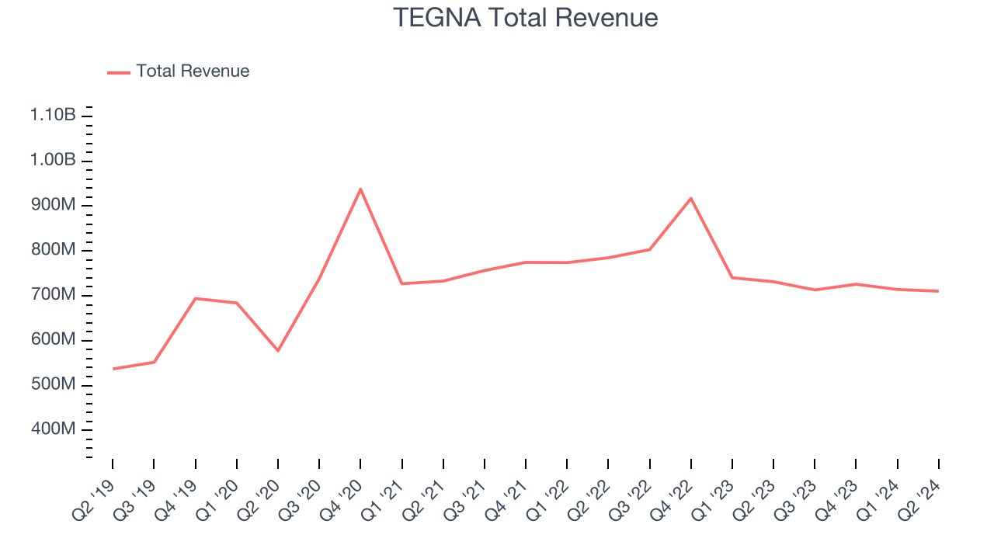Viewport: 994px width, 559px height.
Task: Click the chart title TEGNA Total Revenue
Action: [525, 18]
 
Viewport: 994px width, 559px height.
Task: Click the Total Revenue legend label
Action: [193, 71]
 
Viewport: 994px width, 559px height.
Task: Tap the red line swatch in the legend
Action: [119, 72]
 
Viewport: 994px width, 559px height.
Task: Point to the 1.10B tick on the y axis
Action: [53, 115]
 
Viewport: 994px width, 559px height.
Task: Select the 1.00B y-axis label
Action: [53, 160]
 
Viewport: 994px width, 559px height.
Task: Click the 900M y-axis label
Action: [53, 205]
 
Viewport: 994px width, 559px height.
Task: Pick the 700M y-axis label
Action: [53, 295]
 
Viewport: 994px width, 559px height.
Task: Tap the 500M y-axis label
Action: [53, 385]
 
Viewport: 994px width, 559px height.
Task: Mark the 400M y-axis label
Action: [53, 429]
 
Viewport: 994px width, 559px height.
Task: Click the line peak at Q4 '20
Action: [360, 189]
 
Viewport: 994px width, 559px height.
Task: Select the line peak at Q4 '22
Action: [691, 198]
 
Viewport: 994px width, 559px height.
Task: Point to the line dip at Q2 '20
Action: [278, 351]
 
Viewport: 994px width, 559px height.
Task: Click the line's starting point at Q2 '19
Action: [113, 369]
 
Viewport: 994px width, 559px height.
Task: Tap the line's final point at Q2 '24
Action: [938, 291]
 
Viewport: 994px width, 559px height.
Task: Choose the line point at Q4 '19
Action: [196, 298]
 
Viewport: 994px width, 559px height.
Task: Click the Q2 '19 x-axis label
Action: [93, 502]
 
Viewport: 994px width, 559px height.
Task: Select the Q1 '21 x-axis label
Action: [383, 502]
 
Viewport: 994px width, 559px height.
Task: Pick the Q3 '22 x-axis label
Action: [631, 502]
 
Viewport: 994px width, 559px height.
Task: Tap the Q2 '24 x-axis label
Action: [919, 502]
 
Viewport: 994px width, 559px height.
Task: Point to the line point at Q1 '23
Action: [732, 277]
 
